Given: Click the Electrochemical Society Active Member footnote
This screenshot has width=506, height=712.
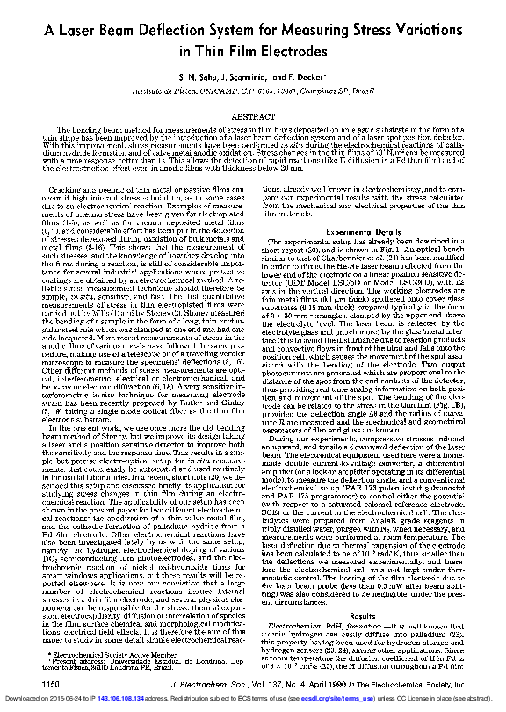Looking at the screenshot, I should (105, 654).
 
